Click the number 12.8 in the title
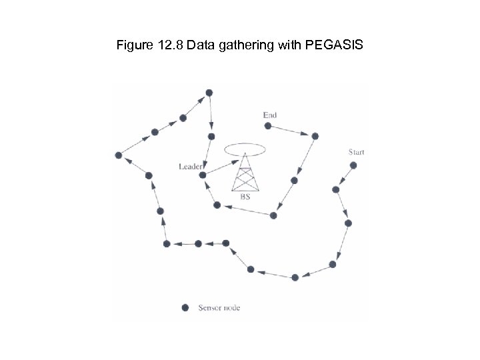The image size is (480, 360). click(167, 46)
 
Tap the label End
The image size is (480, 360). click(270, 115)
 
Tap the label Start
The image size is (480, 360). click(356, 152)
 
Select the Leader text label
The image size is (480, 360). click(191, 166)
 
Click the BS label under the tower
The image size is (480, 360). click(245, 197)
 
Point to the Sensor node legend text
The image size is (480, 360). click(219, 308)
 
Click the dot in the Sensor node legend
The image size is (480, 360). click(185, 308)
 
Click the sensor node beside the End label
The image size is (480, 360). click(267, 125)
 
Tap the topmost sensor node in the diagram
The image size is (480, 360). click(209, 92)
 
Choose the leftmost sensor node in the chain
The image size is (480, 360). click(118, 155)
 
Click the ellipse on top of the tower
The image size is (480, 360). click(245, 149)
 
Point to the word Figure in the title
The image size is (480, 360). click(131, 46)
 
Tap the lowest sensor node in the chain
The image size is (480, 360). click(295, 277)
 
